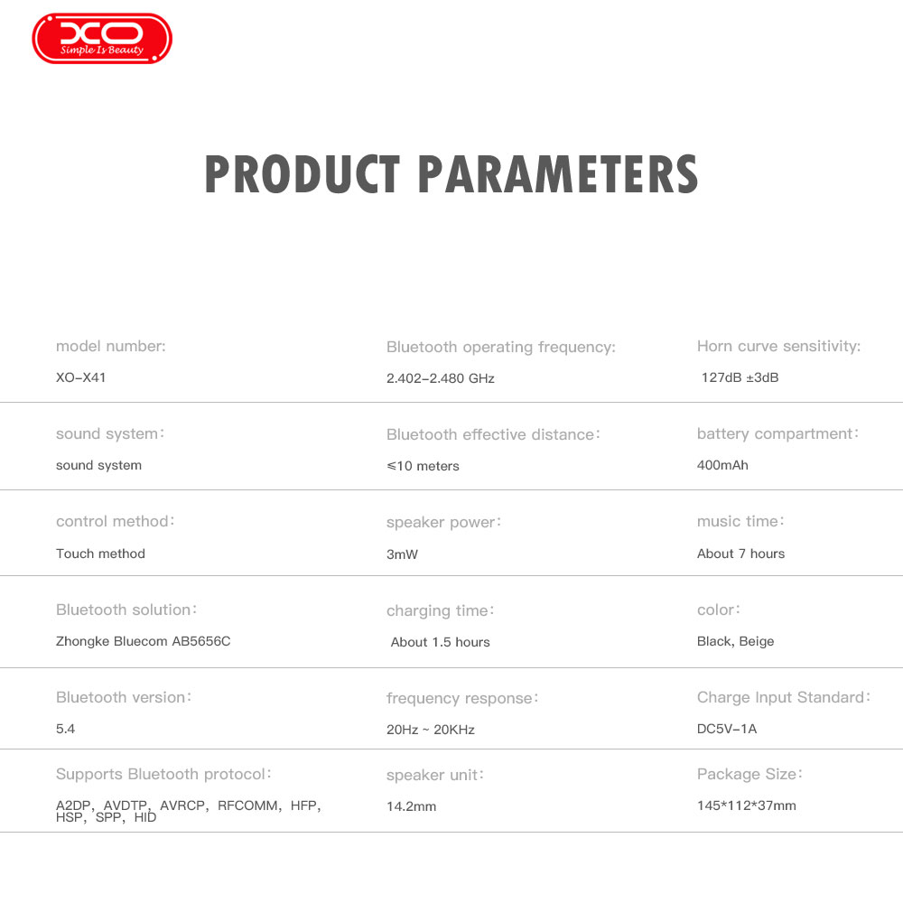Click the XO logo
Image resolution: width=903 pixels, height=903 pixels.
[x=102, y=38]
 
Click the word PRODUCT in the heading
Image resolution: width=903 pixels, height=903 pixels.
[x=303, y=174]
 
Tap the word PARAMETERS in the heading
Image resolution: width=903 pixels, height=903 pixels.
[x=558, y=174]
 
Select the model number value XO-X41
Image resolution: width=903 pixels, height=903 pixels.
[x=80, y=377]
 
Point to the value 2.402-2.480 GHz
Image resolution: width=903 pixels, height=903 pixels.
[x=441, y=378]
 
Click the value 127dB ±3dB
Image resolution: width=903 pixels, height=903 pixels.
[x=740, y=377]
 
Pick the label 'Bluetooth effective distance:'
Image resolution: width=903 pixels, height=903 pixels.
[x=493, y=434]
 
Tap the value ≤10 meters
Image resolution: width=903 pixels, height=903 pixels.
[x=423, y=466]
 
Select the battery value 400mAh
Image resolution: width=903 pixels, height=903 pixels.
[x=722, y=465]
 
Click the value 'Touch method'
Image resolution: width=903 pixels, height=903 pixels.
[x=100, y=554]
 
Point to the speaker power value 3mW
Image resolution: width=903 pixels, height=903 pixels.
[x=402, y=554]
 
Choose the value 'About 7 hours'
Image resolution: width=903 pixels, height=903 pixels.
[x=740, y=554]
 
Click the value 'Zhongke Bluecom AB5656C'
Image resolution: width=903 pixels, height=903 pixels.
[x=143, y=641]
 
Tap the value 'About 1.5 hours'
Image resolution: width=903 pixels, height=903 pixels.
[x=440, y=642]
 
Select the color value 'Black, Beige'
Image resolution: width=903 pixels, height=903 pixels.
[x=735, y=641]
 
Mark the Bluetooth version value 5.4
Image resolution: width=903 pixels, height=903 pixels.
[x=65, y=729]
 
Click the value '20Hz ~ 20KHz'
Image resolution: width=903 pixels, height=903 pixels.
[x=430, y=730]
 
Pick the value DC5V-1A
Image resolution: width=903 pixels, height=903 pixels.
[x=727, y=729]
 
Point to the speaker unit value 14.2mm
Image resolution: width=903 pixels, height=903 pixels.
[x=411, y=806]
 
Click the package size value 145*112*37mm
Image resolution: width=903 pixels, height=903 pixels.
[x=747, y=805]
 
